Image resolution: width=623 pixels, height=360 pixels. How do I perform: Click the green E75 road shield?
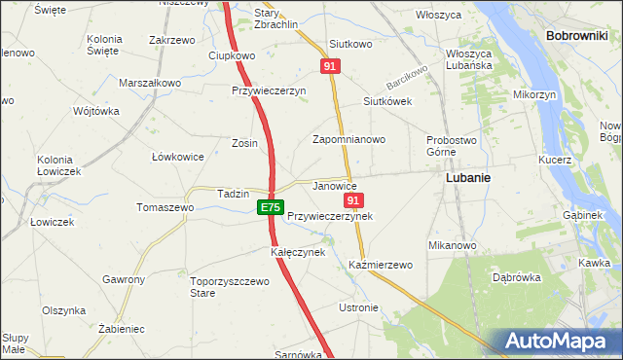click(x=271, y=208)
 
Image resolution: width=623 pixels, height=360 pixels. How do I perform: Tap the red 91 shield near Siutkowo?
click(x=331, y=65)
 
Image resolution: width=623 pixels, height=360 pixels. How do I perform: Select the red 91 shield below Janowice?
click(x=353, y=200)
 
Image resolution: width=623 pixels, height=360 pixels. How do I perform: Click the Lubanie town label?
click(x=467, y=179)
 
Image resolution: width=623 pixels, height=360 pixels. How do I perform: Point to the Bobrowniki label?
click(x=577, y=35)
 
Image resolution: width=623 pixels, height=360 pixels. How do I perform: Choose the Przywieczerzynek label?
click(x=330, y=216)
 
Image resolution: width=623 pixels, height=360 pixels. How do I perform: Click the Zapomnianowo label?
click(x=348, y=139)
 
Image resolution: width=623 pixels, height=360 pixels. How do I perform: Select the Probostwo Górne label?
click(x=448, y=146)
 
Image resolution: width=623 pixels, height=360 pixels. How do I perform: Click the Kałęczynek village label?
click(x=297, y=252)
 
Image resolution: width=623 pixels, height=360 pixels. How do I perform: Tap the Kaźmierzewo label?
click(x=381, y=265)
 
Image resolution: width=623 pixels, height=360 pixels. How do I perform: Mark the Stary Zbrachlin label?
click(x=275, y=19)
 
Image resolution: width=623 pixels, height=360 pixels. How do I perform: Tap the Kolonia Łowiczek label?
click(x=58, y=165)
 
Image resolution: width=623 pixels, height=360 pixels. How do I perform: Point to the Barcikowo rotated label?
click(x=408, y=75)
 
